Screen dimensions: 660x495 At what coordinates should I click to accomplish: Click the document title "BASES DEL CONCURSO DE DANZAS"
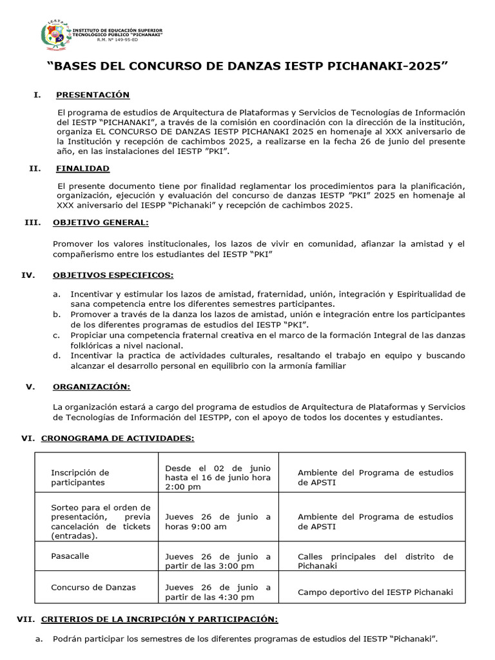247,67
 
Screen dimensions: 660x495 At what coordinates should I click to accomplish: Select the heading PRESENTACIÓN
92,95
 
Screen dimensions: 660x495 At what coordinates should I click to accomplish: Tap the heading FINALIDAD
82,168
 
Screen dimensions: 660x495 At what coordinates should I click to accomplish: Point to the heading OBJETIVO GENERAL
101,222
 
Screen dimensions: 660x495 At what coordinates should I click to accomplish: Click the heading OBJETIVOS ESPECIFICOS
113,275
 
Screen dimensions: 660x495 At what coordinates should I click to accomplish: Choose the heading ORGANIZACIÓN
92,387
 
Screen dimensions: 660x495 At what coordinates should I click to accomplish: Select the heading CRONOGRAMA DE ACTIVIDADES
117,438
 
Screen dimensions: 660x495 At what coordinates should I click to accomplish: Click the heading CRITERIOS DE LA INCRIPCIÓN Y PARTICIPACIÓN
159,619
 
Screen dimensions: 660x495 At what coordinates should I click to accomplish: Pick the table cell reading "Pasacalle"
70,556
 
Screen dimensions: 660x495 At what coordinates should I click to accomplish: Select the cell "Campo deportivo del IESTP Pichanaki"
375,592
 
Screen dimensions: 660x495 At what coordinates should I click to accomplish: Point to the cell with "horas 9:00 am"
218,521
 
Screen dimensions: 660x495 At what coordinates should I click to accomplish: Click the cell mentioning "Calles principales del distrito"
375,561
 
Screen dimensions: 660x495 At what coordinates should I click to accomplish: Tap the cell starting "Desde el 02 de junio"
218,477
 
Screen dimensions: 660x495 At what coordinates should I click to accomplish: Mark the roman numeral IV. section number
28,275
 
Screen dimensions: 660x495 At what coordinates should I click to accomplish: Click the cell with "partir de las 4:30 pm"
218,592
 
